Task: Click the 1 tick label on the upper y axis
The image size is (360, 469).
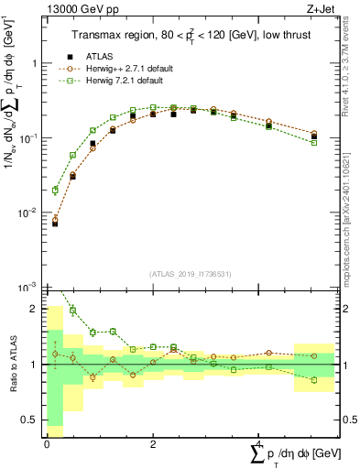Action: [x=35, y=64]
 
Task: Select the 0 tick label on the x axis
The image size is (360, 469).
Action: [x=47, y=442]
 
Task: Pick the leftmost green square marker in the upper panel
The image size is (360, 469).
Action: [x=55, y=191]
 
